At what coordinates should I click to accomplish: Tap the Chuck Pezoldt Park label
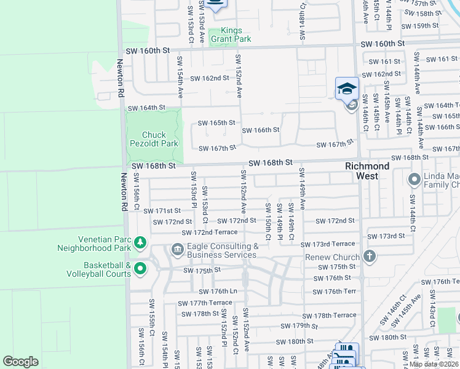pos(160,139)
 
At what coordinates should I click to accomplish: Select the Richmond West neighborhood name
pos(367,171)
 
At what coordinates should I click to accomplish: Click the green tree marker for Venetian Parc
pos(140,243)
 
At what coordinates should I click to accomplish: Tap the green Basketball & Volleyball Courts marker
pos(140,269)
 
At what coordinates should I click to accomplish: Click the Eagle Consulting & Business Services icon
pos(177,249)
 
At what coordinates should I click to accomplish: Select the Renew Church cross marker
pos(369,256)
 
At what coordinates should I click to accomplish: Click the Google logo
pos(20,362)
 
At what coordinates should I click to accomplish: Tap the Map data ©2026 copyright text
pos(434,364)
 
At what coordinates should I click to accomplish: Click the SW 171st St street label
pos(162,211)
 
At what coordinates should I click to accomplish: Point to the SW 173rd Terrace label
pos(328,244)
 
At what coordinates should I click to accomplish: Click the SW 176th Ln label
pos(218,292)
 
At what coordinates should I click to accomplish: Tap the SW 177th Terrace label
pos(205,303)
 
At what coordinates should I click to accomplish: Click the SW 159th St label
pos(419,26)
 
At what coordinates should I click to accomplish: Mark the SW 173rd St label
pos(386,236)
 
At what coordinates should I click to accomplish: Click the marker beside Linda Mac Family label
pos(414,180)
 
